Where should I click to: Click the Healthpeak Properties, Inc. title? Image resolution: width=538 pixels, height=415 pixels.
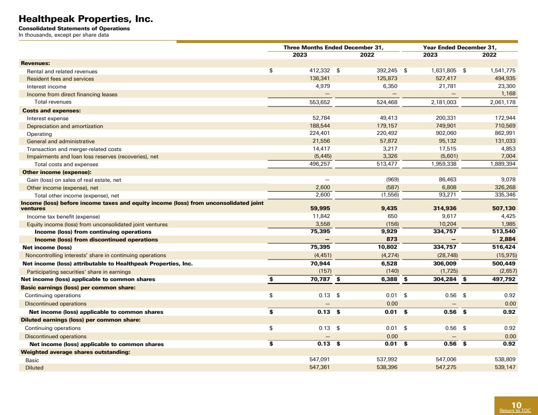[86, 19]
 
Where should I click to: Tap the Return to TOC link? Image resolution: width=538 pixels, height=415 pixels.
[515, 411]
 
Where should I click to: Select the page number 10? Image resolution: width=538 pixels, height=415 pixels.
[516, 405]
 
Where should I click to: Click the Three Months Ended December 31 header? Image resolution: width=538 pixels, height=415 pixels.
[333, 47]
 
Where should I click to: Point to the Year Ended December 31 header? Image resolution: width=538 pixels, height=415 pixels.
[460, 47]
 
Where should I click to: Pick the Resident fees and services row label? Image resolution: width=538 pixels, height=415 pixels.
[60, 79]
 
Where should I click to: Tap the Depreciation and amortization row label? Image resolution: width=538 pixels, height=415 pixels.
[65, 126]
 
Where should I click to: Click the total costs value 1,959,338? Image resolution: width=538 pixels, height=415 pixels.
[443, 164]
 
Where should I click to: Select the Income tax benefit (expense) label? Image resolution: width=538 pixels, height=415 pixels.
[63, 217]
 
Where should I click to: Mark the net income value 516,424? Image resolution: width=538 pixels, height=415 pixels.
[504, 247]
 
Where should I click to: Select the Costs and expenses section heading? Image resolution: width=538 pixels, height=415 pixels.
[51, 110]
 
